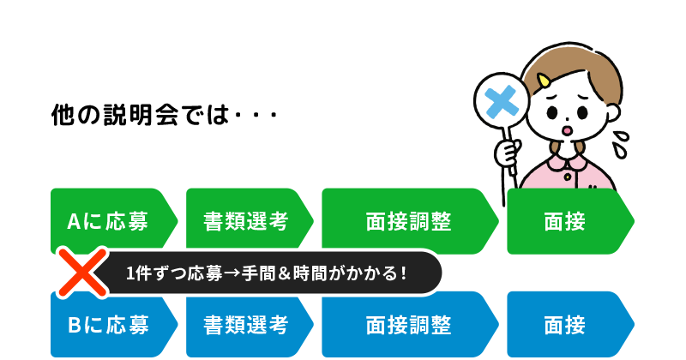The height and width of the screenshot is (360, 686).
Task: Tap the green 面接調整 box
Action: tap(408, 221)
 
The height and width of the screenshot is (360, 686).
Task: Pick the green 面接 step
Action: tap(566, 221)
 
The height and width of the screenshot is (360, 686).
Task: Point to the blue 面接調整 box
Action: tap(408, 326)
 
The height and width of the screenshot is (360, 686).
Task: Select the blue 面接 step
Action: tap(566, 326)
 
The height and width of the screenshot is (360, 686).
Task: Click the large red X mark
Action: tap(81, 273)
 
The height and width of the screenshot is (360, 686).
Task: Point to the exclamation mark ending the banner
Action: tap(403, 274)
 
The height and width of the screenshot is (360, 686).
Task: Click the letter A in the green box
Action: tap(74, 222)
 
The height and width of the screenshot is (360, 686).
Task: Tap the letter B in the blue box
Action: tap(74, 326)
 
